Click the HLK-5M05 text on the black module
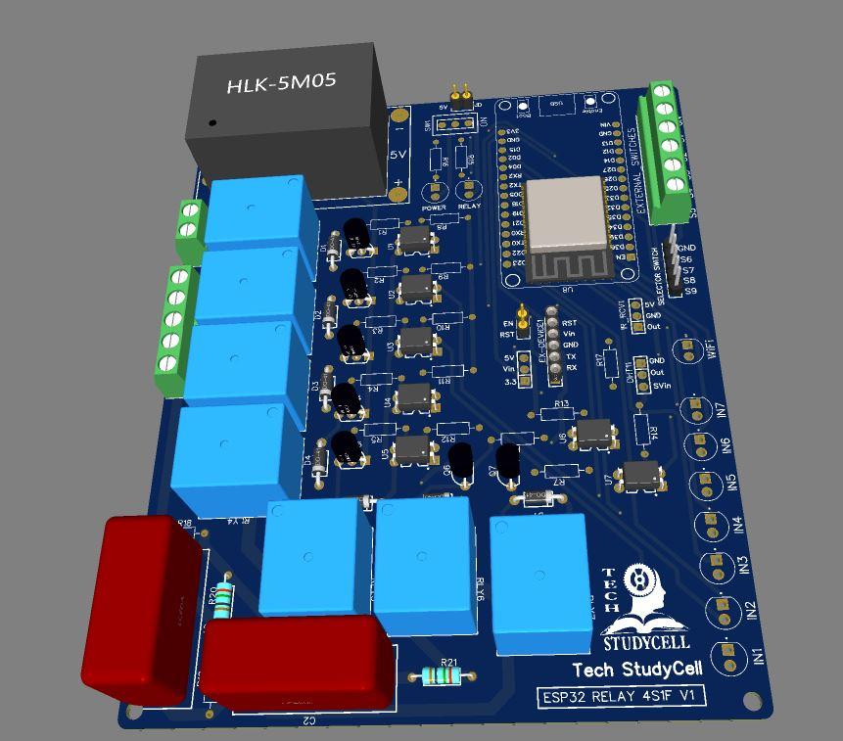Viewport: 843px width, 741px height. click(x=281, y=84)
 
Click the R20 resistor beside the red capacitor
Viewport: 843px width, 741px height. click(x=224, y=598)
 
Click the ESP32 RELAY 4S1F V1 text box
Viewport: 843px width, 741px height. click(x=624, y=696)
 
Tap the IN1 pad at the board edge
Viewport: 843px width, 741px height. click(x=727, y=651)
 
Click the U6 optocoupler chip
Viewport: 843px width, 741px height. click(x=593, y=432)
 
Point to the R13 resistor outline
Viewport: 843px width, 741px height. click(x=559, y=415)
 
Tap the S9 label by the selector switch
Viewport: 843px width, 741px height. click(x=690, y=291)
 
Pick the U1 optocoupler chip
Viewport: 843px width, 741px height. click(x=414, y=238)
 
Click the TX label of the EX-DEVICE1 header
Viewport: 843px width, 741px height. click(x=571, y=356)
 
